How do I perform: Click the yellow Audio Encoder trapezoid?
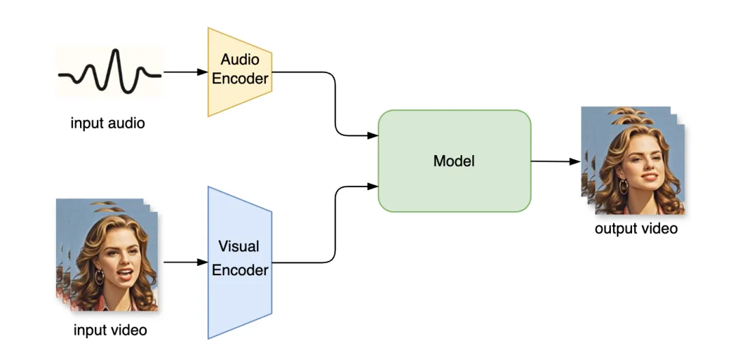(240, 72)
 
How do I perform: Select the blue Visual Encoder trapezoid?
(240, 262)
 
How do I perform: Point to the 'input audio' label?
(108, 124)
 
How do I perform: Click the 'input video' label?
(110, 331)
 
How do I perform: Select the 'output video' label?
(636, 229)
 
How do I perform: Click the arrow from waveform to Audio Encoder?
(185, 72)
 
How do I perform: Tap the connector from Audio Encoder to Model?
(335, 102)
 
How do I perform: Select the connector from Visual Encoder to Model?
(335, 225)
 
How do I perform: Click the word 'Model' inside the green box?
(454, 162)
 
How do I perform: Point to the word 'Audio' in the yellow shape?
(240, 60)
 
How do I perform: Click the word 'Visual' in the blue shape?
(240, 246)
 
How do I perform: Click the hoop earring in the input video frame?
(99, 277)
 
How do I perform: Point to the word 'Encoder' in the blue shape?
(240, 271)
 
